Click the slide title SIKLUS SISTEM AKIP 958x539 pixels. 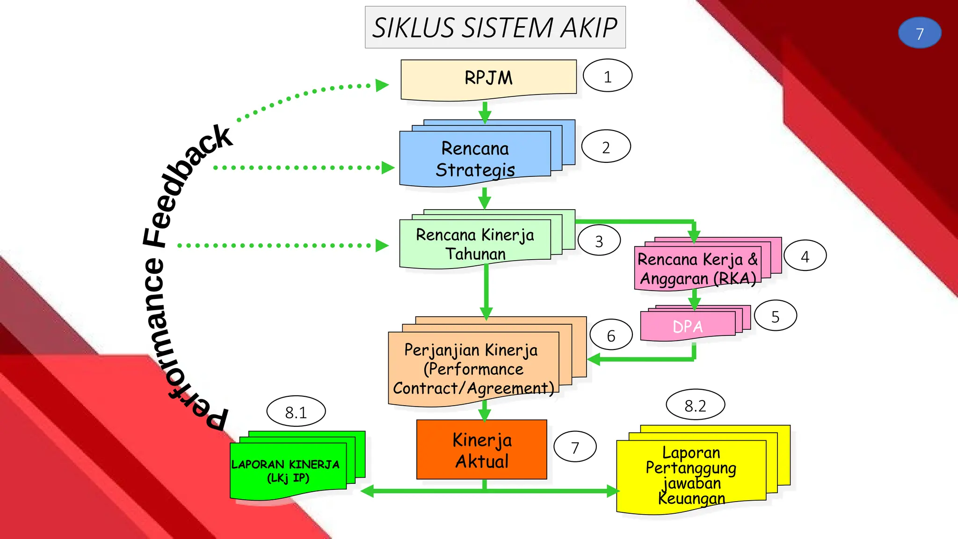[x=495, y=27]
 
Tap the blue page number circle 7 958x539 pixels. [x=919, y=33]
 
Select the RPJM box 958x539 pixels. [x=488, y=78]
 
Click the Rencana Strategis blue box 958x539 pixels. [x=475, y=159]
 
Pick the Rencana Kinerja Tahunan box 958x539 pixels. [x=475, y=244]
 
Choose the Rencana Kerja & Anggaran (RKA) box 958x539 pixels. [x=697, y=269]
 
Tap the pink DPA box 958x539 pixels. [x=687, y=326]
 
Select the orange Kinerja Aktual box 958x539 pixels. [x=482, y=450]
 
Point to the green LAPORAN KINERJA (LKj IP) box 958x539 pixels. [x=287, y=471]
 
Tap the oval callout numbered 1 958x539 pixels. [x=607, y=76]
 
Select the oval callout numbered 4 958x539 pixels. [x=805, y=256]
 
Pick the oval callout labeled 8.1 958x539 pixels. [x=296, y=412]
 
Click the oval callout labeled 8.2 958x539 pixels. [x=695, y=405]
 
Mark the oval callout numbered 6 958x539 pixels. [x=611, y=335]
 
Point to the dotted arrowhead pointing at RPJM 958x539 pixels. [x=382, y=85]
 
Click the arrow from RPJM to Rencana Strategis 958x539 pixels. [x=485, y=112]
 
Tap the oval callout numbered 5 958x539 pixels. [x=775, y=316]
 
